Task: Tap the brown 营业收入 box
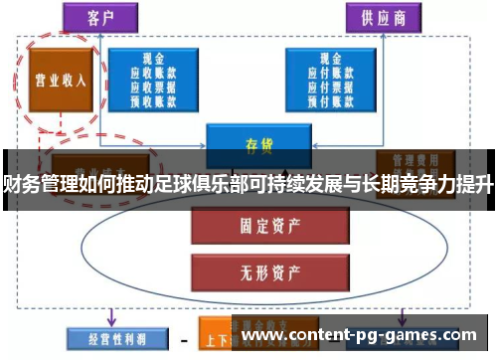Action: click(57, 80)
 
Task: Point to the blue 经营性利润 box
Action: click(107, 335)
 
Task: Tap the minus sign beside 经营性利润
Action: click(184, 336)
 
